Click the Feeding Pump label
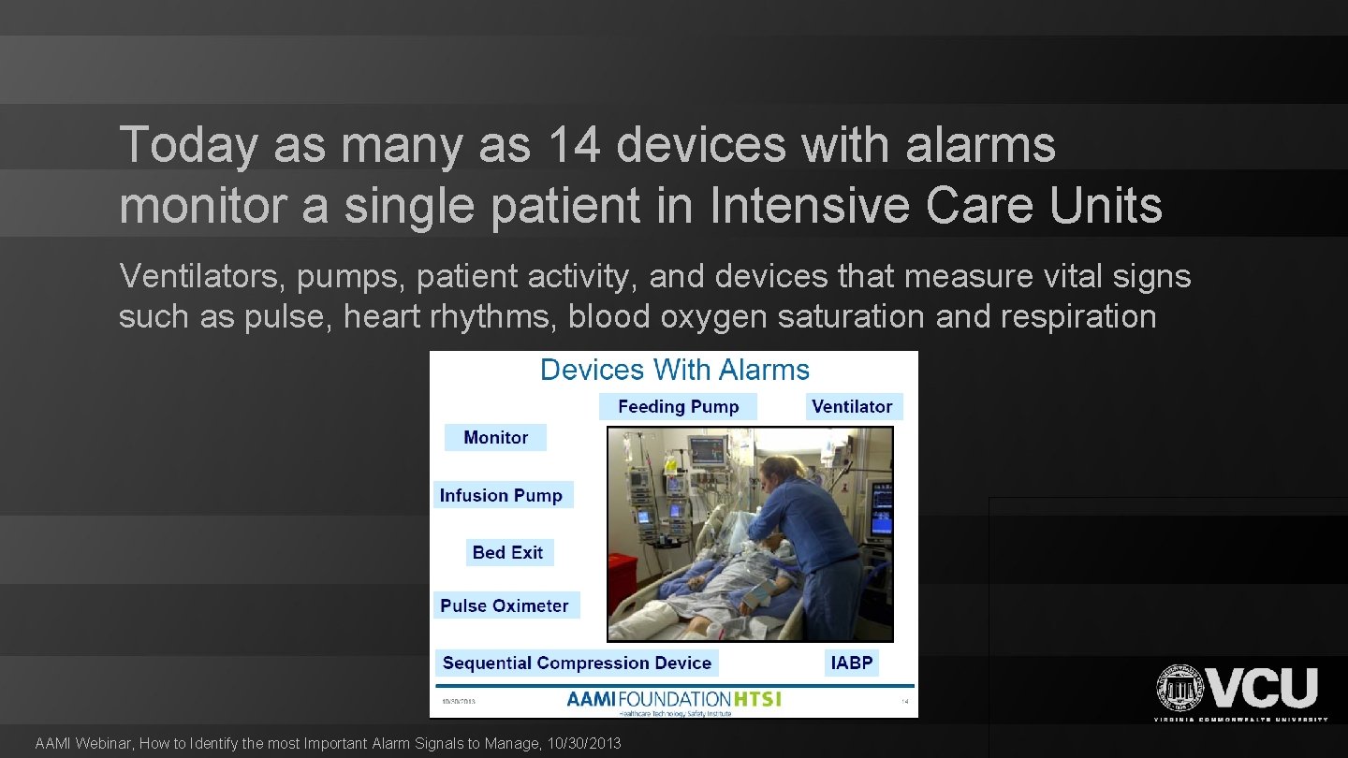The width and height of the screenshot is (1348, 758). point(678,407)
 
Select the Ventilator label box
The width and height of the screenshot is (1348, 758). point(852,407)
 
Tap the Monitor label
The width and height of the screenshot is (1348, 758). point(495,437)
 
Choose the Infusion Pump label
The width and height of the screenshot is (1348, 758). point(501,495)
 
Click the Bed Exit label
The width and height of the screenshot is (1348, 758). point(507,552)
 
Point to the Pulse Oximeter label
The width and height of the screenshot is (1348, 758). point(505,605)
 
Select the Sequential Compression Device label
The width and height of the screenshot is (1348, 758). point(577,663)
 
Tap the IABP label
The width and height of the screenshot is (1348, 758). point(852,663)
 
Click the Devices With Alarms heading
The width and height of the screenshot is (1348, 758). point(674,370)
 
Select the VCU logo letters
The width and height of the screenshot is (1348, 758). point(1264,688)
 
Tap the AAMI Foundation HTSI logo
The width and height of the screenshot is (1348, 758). point(673,701)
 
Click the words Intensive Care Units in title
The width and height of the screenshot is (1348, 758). point(936,206)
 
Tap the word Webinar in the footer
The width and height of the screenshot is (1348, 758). point(105,744)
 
